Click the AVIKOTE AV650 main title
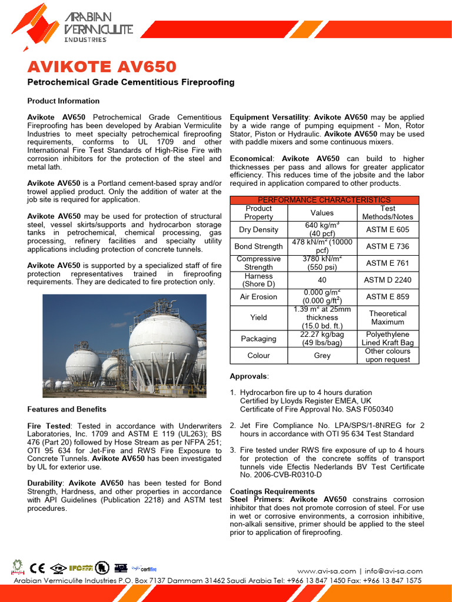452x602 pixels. [x=101, y=66]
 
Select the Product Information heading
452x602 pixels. [x=64, y=101]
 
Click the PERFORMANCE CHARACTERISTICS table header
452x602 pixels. [x=324, y=200]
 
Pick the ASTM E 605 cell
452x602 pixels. [x=388, y=229]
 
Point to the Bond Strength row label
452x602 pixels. [x=258, y=246]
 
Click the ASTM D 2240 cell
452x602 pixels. [x=388, y=280]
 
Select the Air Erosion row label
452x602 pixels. [x=258, y=297]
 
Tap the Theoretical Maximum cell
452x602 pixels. [x=388, y=317]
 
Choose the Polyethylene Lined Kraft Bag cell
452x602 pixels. [x=388, y=339]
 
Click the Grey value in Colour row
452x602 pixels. [x=322, y=356]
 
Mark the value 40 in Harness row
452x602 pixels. [x=322, y=280]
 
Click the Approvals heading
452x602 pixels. [x=249, y=376]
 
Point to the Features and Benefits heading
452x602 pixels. [x=67, y=409]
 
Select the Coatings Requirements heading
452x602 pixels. [x=272, y=491]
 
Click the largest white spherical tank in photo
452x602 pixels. [x=163, y=342]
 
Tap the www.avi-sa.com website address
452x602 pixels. [x=327, y=571]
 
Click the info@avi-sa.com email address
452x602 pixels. [x=393, y=571]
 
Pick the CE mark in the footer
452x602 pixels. [x=38, y=568]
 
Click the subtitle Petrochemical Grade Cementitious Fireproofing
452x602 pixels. [x=131, y=82]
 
